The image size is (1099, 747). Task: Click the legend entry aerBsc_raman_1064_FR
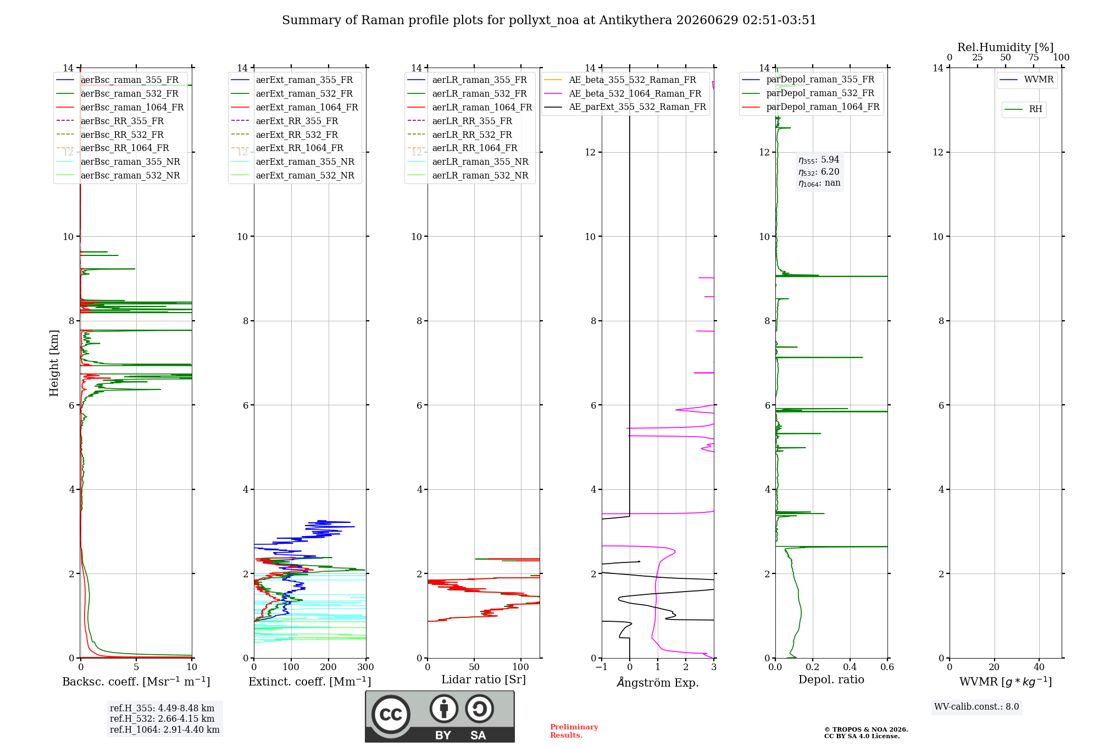[120, 108]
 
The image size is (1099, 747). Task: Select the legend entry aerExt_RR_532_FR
[285, 135]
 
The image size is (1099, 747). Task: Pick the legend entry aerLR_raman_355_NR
[468, 162]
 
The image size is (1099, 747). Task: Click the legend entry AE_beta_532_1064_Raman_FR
[623, 94]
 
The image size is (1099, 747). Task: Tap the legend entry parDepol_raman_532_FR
[808, 93]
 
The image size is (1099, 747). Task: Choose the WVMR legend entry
[1026, 80]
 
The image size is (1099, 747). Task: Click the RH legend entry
[1023, 109]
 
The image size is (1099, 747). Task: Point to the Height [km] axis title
[54, 363]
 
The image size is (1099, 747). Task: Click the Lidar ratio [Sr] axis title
[484, 679]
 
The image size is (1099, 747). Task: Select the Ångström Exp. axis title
[658, 682]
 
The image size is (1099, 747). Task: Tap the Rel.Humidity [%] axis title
[1006, 47]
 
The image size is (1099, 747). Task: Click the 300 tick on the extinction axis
[366, 667]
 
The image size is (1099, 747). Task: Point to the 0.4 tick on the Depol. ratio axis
[850, 667]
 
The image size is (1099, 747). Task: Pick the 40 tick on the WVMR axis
[1039, 667]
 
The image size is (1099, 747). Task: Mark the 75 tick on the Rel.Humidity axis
[1034, 58]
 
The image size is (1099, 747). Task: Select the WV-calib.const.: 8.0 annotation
[976, 707]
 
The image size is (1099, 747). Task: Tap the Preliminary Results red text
[574, 731]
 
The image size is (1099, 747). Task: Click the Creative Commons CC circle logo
[391, 715]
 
